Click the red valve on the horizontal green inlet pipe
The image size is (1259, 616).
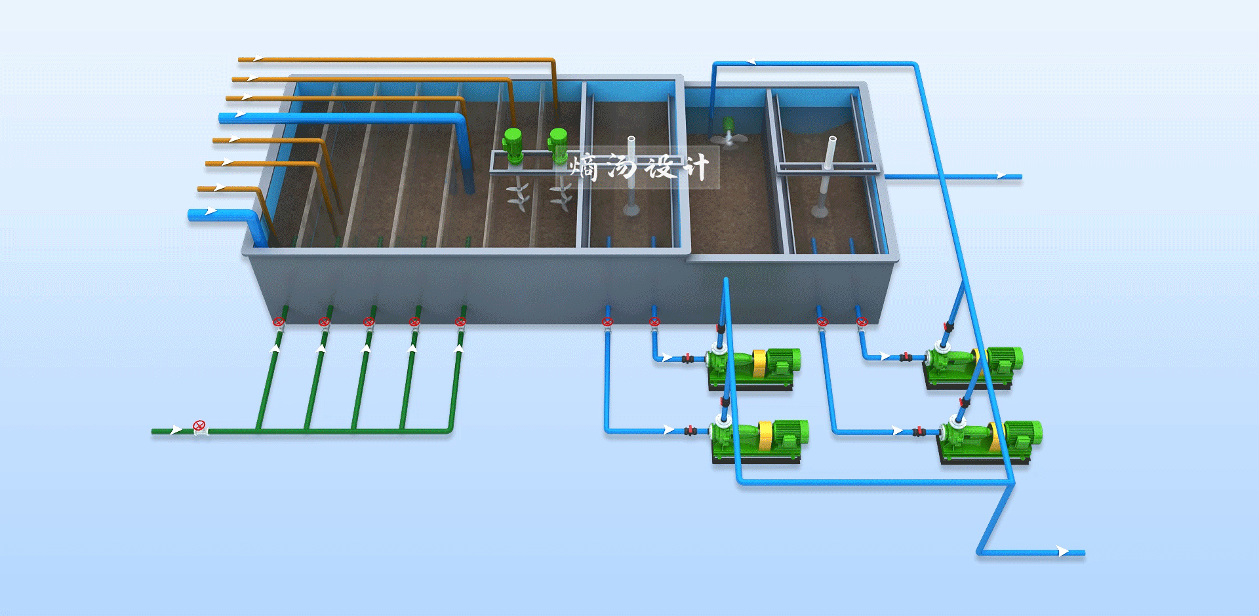pos(200,427)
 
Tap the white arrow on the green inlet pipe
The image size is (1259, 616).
pos(176,430)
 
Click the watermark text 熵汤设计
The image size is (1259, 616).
pos(639,167)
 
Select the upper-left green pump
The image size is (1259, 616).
pos(753,368)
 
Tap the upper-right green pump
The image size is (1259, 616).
pos(973,366)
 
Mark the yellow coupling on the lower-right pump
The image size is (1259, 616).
pos(995,438)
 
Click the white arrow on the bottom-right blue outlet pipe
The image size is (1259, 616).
pos(1064,552)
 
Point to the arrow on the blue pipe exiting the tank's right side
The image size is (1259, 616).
pos(1001,175)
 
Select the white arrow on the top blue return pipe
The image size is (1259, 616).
pos(750,62)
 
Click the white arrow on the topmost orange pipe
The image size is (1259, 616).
pos(258,59)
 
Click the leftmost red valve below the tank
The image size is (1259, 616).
pos(279,322)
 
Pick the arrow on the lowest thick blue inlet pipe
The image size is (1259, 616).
pos(210,211)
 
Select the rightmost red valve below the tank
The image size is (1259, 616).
pos(862,322)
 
